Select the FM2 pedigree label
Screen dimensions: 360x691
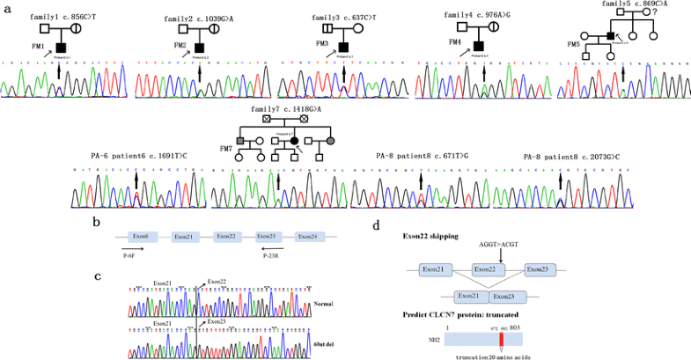pyautogui.click(x=180, y=45)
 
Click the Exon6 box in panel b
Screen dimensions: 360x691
pyautogui.click(x=140, y=237)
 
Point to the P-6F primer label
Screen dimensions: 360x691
pyautogui.click(x=129, y=256)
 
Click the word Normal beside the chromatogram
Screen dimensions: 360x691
pyautogui.click(x=325, y=305)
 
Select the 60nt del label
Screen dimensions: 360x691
pyautogui.click(x=324, y=342)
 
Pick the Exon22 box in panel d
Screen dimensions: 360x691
pyautogui.click(x=488, y=268)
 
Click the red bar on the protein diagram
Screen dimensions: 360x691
pyautogui.click(x=501, y=338)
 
